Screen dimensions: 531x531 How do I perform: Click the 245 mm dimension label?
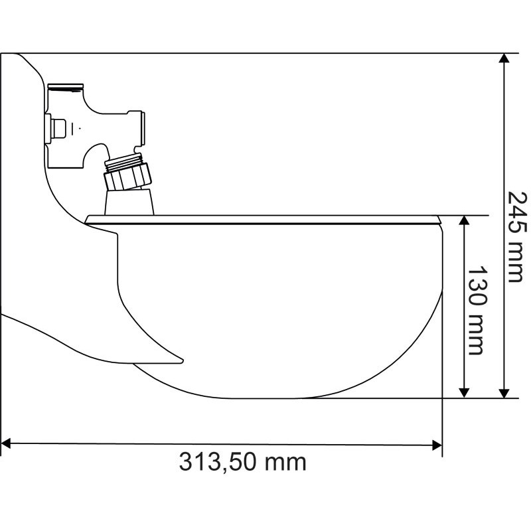coord(516,236)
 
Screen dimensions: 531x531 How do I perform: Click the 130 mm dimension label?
coord(477,311)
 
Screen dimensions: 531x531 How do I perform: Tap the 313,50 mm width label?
coord(243,461)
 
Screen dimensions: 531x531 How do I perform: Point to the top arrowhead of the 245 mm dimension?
coord(505,58)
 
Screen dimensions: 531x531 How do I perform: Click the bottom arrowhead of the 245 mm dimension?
coord(505,393)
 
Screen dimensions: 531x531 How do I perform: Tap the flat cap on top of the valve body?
coord(66,86)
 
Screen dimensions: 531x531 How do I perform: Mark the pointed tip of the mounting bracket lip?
coord(181,360)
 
